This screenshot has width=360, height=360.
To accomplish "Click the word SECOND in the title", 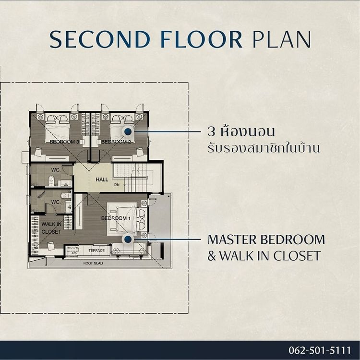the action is tap(100, 39).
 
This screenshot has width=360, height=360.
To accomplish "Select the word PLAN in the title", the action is tap(281, 39).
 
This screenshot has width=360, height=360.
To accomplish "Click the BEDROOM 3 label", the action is tap(64, 142).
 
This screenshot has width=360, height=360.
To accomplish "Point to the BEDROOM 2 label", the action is tap(116, 142).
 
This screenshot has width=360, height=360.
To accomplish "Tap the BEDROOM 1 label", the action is tap(116, 218).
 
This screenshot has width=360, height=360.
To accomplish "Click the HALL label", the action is tap(102, 180).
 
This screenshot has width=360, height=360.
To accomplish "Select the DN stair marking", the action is tap(117, 185).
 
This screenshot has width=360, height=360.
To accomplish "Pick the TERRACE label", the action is tap(96, 251).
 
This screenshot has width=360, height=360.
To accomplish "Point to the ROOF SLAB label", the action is tap(93, 264).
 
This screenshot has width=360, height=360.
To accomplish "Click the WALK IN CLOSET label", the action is tap(51, 228).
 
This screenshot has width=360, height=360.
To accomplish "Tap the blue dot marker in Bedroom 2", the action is tap(128, 132).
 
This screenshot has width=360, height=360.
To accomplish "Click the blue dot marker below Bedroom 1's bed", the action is tap(128, 240).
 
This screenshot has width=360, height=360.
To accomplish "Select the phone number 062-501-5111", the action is tap(320, 350).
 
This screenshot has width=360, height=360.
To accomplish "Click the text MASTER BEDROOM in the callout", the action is tap(266, 240).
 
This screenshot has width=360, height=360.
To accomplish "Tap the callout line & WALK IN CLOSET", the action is tap(264, 256).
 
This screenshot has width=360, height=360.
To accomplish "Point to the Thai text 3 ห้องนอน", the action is tap(241, 131).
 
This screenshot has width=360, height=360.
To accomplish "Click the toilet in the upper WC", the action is tap(51, 181).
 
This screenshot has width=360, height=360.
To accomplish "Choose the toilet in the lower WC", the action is tap(66, 196).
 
